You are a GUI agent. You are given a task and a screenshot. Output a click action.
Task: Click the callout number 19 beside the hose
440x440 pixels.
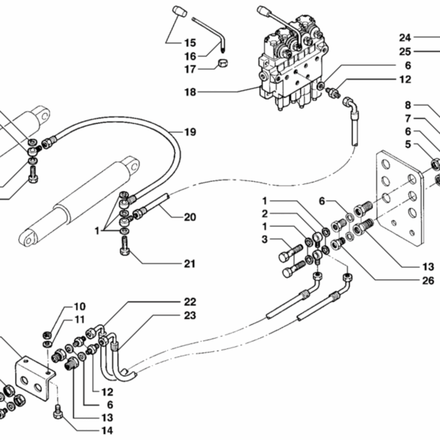(190, 133)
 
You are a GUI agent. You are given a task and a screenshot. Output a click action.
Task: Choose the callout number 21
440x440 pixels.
(190, 264)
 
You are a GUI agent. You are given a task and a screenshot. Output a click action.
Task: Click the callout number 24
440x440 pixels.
(406, 37)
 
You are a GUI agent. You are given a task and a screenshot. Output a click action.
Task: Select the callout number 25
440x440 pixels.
(406, 51)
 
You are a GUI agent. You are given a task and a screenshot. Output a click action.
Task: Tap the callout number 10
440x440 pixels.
(79, 306)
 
